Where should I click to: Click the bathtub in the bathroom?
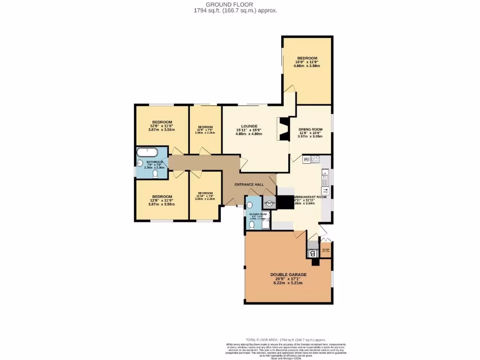coord(147,151)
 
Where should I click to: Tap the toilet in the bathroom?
coord(156,174)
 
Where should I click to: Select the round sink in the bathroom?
coord(140,163)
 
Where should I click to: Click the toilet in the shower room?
coord(252,225)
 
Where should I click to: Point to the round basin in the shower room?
coord(250,204)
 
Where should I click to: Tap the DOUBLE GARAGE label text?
coord(288,275)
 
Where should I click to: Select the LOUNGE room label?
coord(249,126)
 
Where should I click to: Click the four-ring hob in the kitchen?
coord(315,159)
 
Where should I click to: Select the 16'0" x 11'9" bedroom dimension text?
coord(307,62)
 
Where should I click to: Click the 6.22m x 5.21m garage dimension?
coord(288,283)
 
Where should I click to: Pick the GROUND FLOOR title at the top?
coord(240,4)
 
